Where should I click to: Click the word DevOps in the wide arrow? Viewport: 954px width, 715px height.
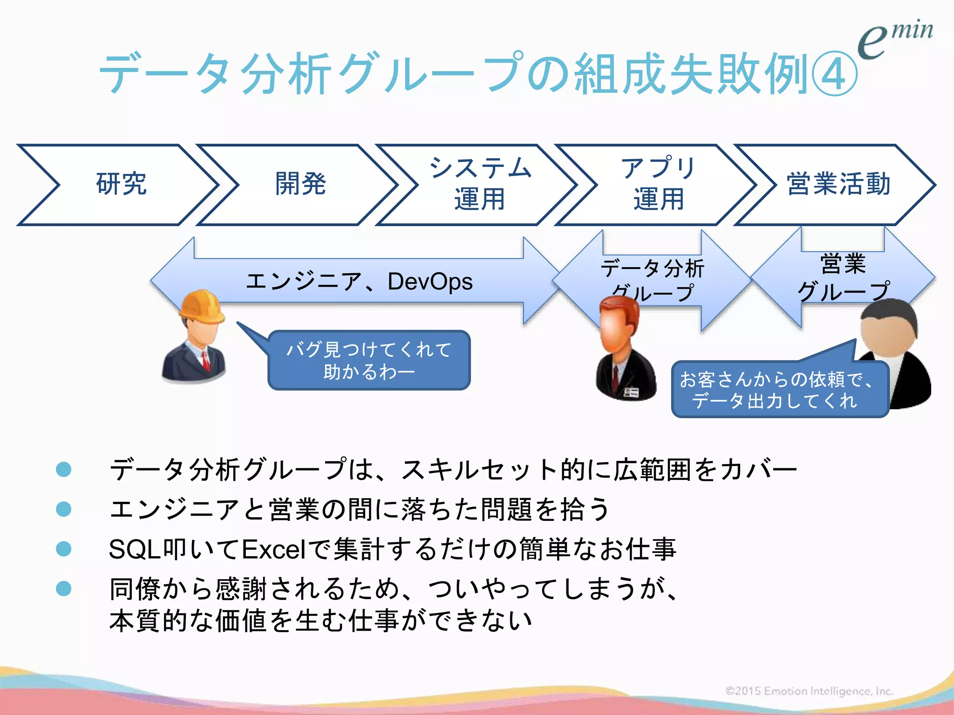430,282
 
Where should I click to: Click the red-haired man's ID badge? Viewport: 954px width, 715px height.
631,392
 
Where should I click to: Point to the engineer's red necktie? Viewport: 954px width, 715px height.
205,361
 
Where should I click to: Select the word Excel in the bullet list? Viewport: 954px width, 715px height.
273,549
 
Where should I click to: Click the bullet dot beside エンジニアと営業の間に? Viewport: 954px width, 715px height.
63,509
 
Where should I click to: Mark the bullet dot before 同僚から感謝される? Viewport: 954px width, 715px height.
63,589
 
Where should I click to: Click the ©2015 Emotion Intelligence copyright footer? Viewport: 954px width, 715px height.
809,691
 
